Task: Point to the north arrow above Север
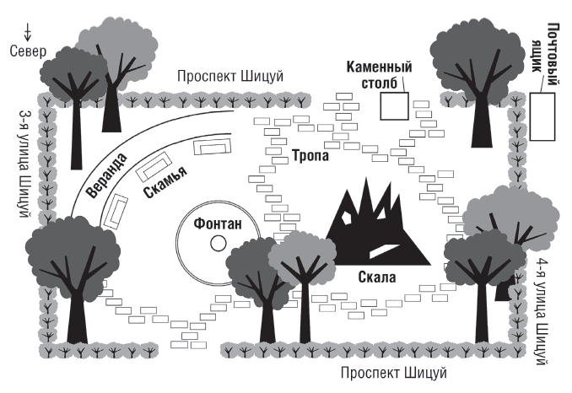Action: coord(29,33)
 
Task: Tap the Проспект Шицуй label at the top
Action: coord(230,77)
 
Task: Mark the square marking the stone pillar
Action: coord(393,106)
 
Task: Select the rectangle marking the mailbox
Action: coord(542,116)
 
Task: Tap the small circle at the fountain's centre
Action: coord(218,244)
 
